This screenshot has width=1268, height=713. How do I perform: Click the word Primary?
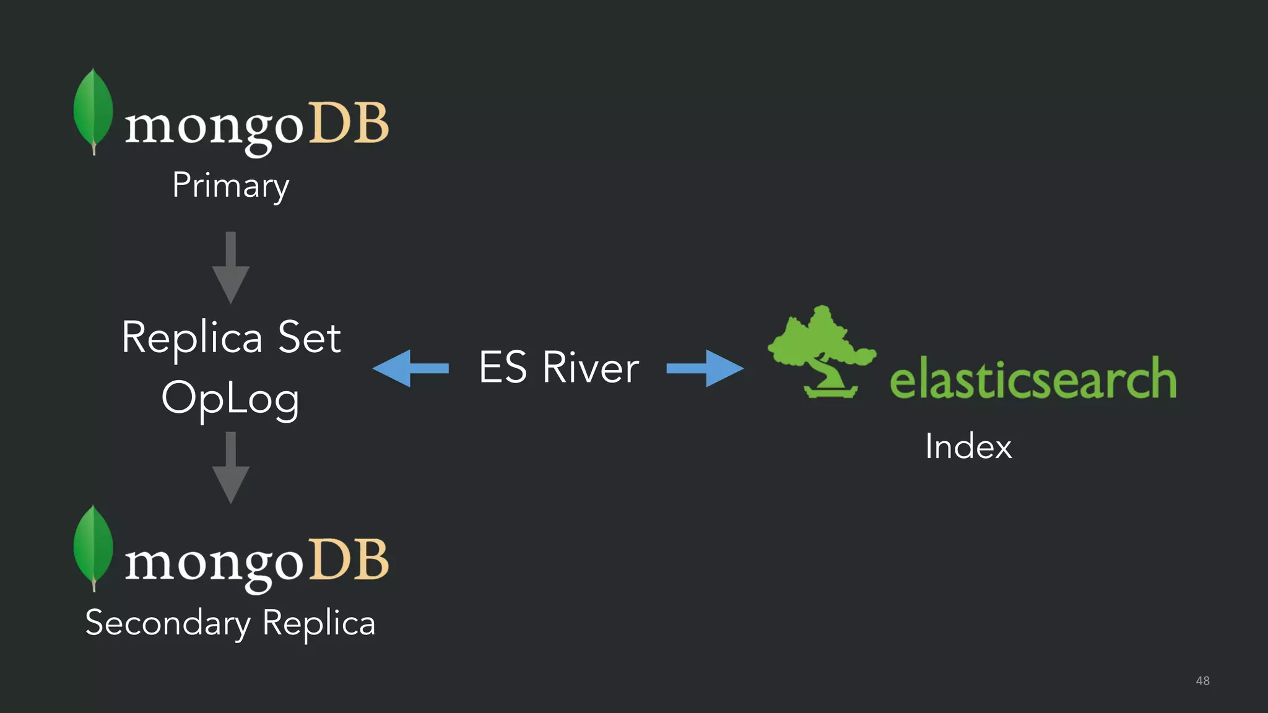(230, 186)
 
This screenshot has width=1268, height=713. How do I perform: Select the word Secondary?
(167, 623)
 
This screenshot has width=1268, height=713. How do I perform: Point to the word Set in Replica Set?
(309, 338)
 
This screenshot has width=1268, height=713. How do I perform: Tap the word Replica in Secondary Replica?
(318, 623)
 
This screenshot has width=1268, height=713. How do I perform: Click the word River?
(590, 368)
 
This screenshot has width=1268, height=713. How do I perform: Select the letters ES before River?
(503, 368)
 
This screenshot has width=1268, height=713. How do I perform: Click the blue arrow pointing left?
(410, 368)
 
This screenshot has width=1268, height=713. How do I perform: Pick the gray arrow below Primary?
(230, 267)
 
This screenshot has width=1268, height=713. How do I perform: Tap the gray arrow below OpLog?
(230, 467)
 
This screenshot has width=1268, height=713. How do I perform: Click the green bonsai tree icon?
(820, 352)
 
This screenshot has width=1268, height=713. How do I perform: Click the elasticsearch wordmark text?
(1032, 379)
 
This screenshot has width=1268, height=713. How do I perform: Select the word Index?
(968, 446)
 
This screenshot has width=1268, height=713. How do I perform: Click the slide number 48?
(1202, 681)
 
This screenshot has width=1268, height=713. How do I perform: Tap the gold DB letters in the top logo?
(349, 123)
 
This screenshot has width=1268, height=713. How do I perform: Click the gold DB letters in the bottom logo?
(349, 560)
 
